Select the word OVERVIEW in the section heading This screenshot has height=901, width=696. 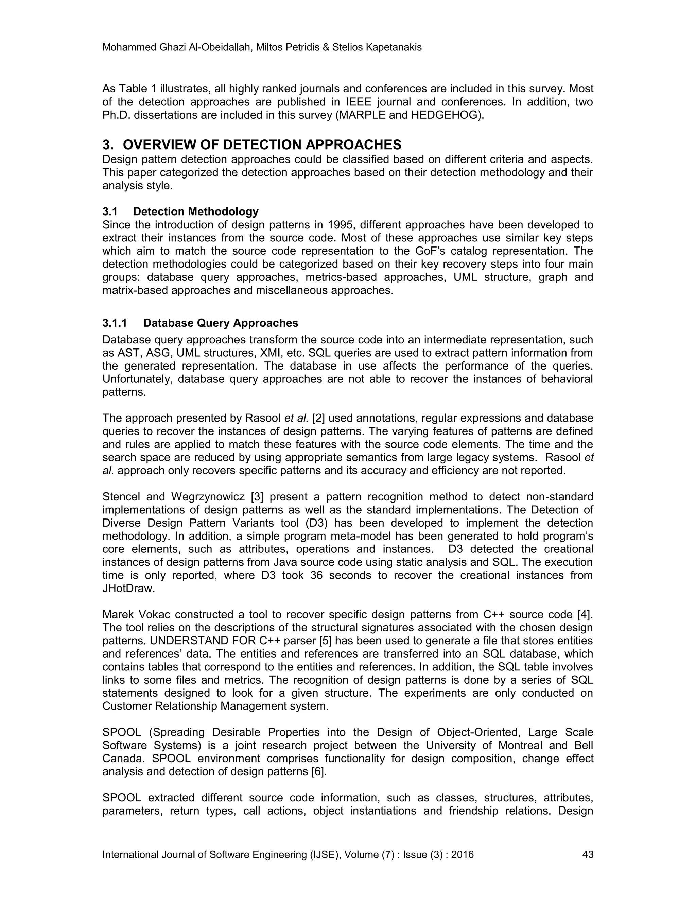point(159,145)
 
